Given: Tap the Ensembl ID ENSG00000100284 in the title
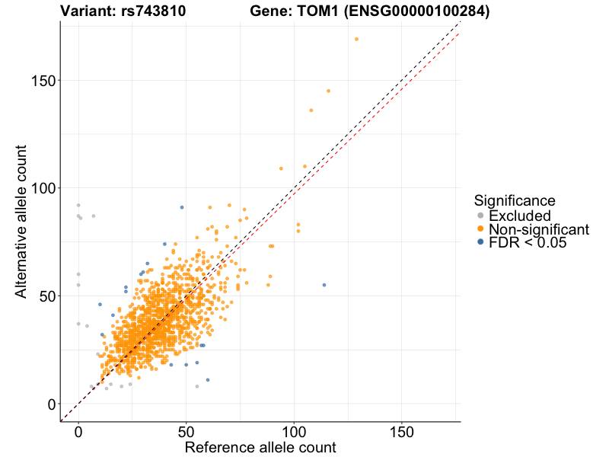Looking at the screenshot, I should pyautogui.click(x=414, y=11).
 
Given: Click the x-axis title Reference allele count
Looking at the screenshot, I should pyautogui.click(x=260, y=447).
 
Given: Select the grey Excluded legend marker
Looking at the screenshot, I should pyautogui.click(x=480, y=216).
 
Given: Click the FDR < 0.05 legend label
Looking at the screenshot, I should pyautogui.click(x=528, y=243).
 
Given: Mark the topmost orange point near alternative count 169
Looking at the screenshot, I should pyautogui.click(x=356, y=40).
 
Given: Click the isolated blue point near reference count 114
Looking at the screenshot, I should pyautogui.click(x=324, y=285).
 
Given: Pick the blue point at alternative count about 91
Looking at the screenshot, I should pyautogui.click(x=181, y=207).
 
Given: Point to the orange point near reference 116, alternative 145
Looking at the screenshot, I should pyautogui.click(x=328, y=91).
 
